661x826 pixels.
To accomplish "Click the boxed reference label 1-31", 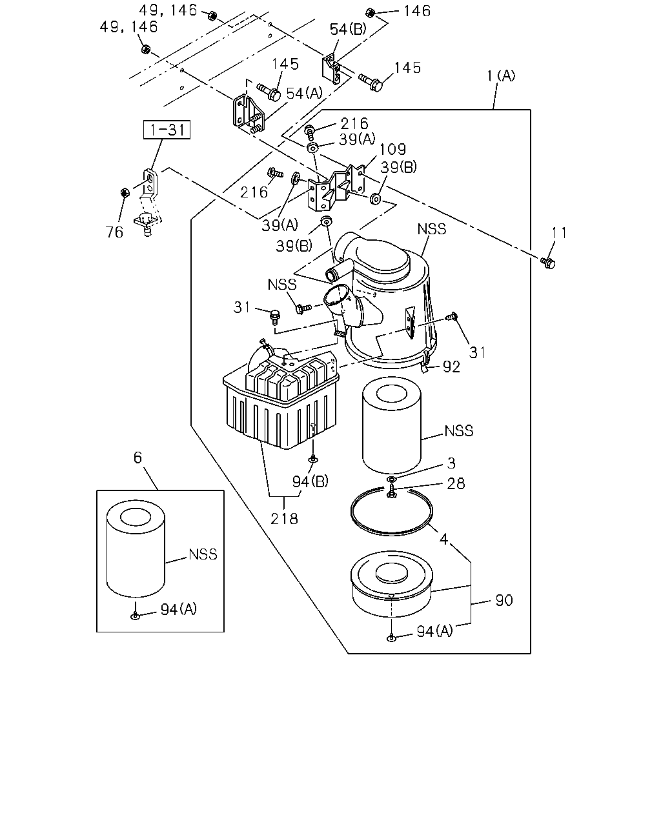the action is click(x=167, y=130).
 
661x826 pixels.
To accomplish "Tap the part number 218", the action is click(x=284, y=519).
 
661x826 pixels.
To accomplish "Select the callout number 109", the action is click(x=392, y=149).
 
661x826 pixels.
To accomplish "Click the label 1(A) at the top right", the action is click(x=501, y=76).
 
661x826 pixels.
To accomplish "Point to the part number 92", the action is click(x=451, y=367).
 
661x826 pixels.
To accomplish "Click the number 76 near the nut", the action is click(x=114, y=232).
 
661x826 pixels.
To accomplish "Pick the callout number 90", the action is click(x=504, y=600).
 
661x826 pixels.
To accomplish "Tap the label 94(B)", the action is click(x=310, y=481).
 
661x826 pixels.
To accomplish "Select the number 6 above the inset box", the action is click(x=137, y=458).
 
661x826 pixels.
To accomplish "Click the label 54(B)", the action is click(x=348, y=29).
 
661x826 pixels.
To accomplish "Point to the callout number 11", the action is click(x=559, y=232).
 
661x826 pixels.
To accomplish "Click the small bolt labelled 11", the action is click(x=548, y=263).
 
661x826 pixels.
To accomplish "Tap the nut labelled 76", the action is click(x=125, y=192).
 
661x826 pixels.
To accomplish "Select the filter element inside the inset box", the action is click(x=136, y=549).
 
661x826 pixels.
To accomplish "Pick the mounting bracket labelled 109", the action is click(x=336, y=188).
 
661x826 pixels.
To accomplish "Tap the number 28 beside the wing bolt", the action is click(x=456, y=483).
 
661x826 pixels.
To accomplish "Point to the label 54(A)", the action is click(x=304, y=94).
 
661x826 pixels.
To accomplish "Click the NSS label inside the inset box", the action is click(x=203, y=554).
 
